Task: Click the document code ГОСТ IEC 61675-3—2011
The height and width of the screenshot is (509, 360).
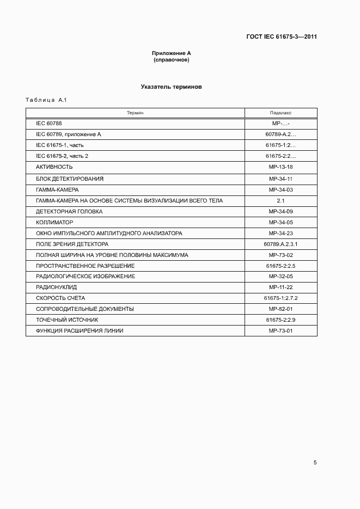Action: pyautogui.click(x=282, y=37)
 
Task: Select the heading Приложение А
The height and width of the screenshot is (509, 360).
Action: pyautogui.click(x=172, y=53)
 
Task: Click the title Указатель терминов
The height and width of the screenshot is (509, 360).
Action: pyautogui.click(x=172, y=87)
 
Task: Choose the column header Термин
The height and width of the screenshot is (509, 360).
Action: pyautogui.click(x=135, y=113)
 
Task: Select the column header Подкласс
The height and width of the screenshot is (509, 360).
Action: pyautogui.click(x=280, y=113)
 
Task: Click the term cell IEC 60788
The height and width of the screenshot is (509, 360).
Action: pyautogui.click(x=49, y=124)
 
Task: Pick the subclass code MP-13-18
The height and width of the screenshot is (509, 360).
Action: pyautogui.click(x=280, y=167)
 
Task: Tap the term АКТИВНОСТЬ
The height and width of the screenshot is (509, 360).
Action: pyautogui.click(x=54, y=167)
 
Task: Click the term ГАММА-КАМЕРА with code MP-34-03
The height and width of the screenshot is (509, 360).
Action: pyautogui.click(x=57, y=189)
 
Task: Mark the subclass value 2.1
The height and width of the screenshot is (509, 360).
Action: pyautogui.click(x=280, y=200)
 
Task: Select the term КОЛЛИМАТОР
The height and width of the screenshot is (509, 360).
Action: pyautogui.click(x=54, y=222)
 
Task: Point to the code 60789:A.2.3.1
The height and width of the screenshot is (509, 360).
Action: pyautogui.click(x=280, y=244)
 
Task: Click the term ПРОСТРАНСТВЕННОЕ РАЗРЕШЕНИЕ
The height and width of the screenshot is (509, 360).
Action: pyautogui.click(x=85, y=266)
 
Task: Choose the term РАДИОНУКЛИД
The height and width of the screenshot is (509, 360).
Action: pyautogui.click(x=56, y=287)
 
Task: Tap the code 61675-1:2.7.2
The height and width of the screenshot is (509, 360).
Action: pyautogui.click(x=280, y=298)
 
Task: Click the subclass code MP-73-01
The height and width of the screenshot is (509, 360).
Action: pyautogui.click(x=280, y=331)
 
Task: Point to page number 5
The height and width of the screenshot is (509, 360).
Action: pyautogui.click(x=315, y=463)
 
